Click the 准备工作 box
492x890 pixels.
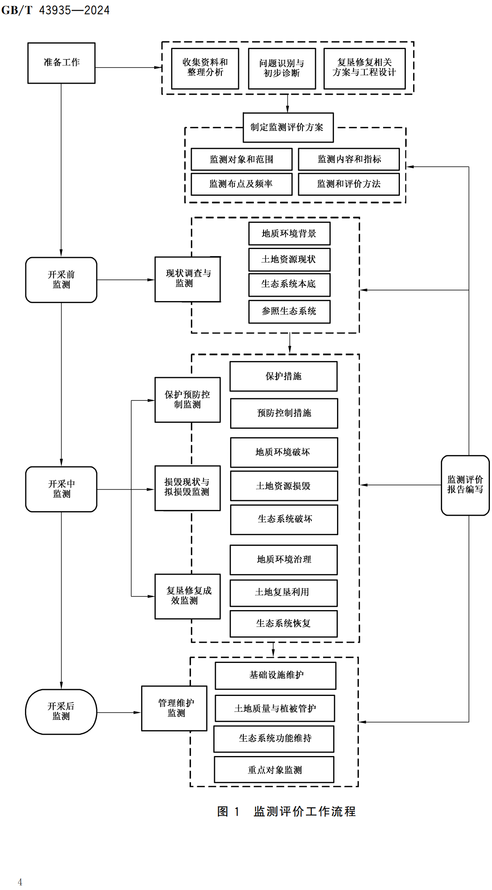click(x=61, y=63)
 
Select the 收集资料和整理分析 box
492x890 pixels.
click(x=205, y=68)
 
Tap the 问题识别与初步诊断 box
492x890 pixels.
click(x=282, y=68)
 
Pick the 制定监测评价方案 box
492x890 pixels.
click(x=288, y=127)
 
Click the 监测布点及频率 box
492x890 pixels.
click(x=241, y=184)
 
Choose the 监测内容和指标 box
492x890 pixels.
click(x=349, y=159)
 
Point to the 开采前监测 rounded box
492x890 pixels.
click(x=61, y=280)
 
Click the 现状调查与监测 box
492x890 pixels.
click(x=188, y=279)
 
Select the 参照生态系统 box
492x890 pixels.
click(x=289, y=312)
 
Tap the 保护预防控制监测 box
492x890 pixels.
click(x=188, y=400)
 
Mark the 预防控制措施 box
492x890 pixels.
click(x=284, y=413)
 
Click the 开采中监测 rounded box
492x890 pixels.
click(x=61, y=489)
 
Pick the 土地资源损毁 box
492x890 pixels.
click(x=284, y=486)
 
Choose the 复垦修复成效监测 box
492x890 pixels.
click(x=188, y=596)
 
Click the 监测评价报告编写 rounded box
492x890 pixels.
click(x=465, y=485)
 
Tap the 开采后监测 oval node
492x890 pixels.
click(x=61, y=712)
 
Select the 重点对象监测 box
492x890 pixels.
click(x=274, y=770)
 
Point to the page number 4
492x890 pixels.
click(x=20, y=882)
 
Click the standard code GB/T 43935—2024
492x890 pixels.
click(x=55, y=10)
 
